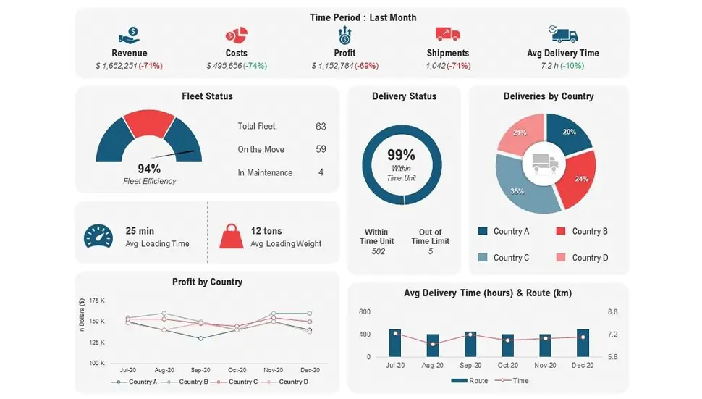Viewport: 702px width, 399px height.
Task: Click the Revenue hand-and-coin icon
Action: pos(129,35)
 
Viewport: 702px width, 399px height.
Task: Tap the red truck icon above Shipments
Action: pos(448,34)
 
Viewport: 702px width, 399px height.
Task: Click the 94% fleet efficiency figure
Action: pos(149,169)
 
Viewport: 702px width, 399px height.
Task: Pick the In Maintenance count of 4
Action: pos(321,172)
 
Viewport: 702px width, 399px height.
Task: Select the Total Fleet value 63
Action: pos(321,126)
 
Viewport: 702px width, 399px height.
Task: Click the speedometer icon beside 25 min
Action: pos(98,237)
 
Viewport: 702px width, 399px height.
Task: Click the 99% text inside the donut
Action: pos(401,155)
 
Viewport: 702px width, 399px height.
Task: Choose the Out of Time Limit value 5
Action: pos(431,251)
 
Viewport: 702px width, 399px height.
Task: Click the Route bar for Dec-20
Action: pos(583,343)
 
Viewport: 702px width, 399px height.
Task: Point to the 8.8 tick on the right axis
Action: pos(612,311)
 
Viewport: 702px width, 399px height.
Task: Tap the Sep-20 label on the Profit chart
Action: pos(200,369)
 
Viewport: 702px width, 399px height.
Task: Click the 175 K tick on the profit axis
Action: pos(97,300)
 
